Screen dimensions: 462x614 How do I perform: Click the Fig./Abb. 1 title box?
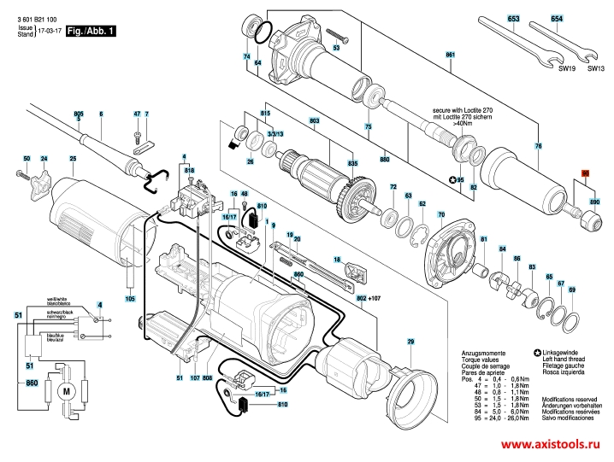[x=92, y=30]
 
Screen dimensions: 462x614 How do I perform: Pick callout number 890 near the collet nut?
[x=595, y=202]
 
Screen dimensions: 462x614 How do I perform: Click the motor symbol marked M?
[x=65, y=390]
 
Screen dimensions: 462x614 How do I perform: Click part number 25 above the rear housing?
[x=73, y=159]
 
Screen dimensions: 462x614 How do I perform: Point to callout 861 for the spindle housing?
[x=449, y=56]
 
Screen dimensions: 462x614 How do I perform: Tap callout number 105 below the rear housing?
[x=130, y=299]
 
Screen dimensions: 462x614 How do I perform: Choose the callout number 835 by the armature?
[x=352, y=163]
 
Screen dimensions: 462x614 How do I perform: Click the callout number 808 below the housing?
[x=208, y=377]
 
